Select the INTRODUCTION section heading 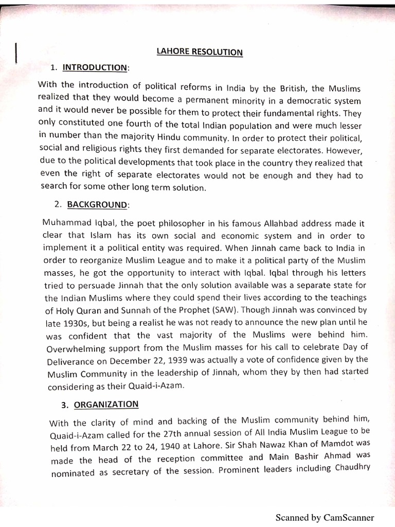(94, 67)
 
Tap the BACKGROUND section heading (97, 204)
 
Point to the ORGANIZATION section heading (106, 405)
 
